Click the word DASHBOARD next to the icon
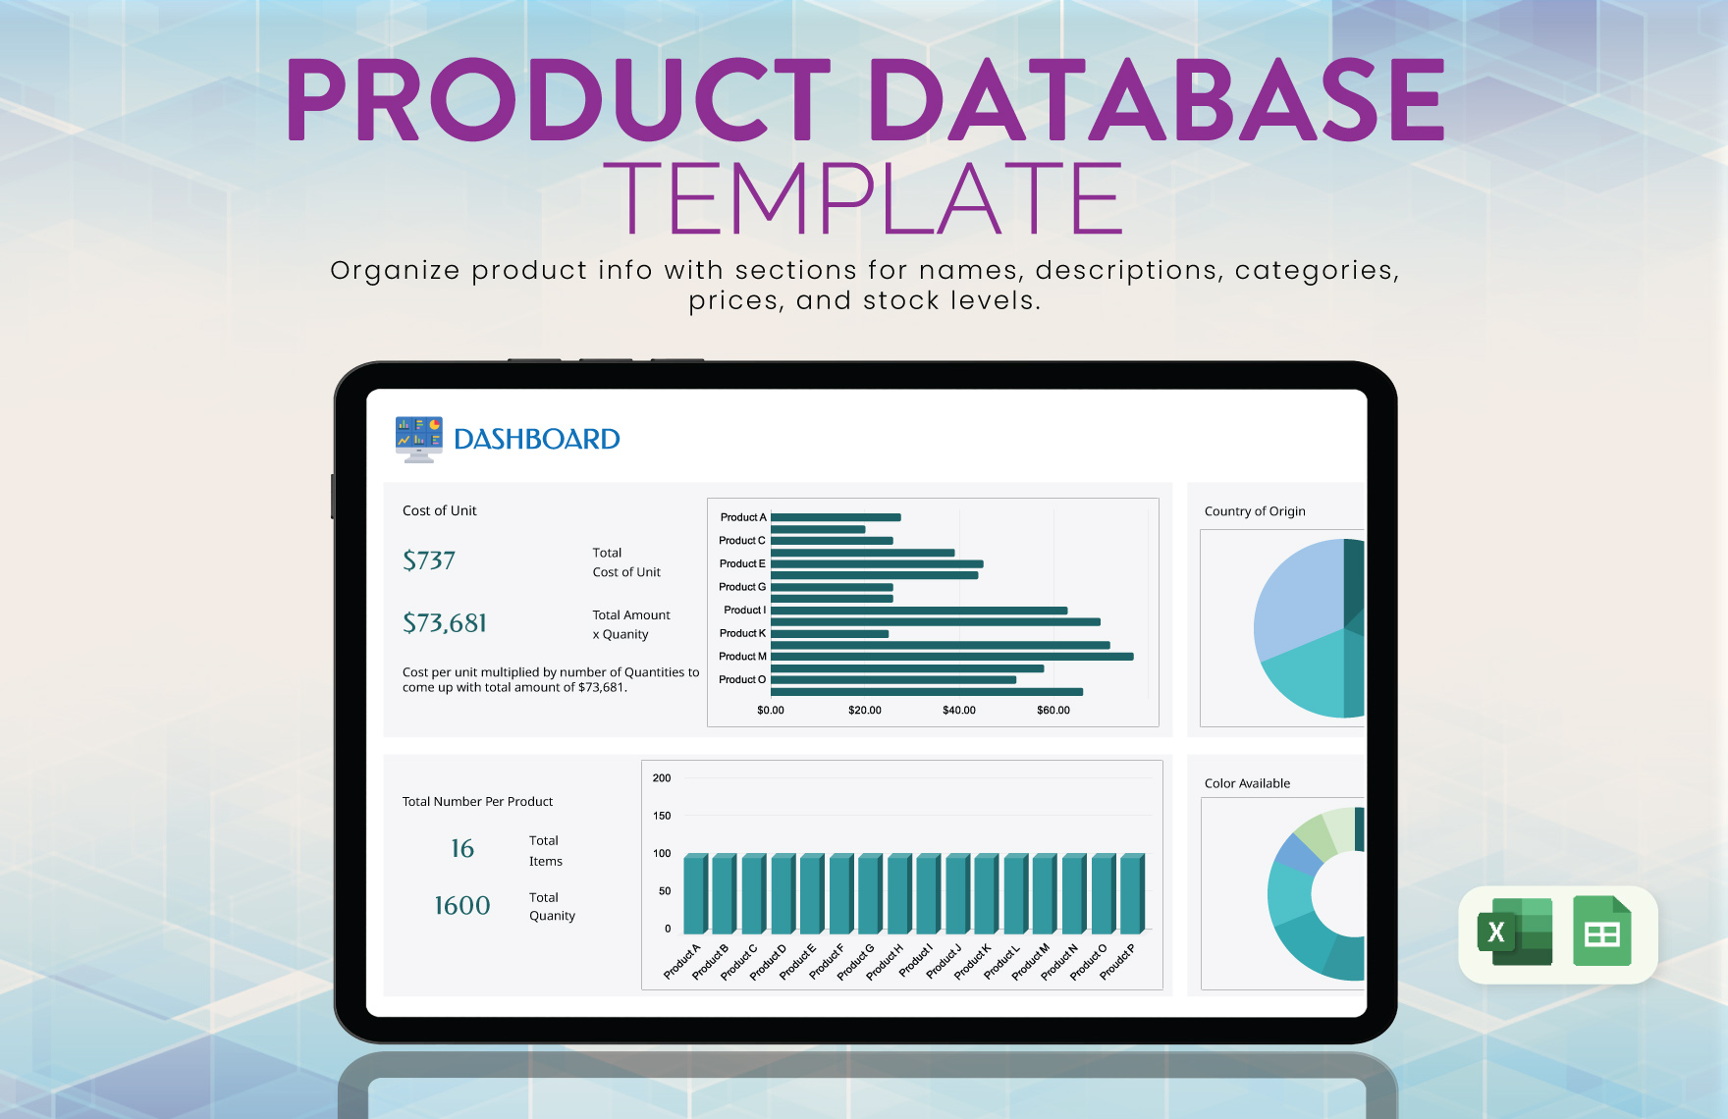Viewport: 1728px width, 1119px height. click(536, 439)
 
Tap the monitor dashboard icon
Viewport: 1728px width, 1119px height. click(419, 439)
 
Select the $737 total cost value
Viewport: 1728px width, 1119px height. click(429, 560)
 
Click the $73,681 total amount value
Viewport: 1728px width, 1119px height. click(445, 623)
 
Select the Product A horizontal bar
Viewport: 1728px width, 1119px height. click(836, 517)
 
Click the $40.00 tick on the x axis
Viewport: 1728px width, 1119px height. click(959, 710)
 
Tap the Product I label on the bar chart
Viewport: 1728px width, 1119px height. click(744, 610)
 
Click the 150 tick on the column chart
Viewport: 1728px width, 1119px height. click(662, 816)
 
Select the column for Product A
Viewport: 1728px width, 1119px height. click(695, 893)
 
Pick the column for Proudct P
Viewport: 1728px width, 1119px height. click(1131, 893)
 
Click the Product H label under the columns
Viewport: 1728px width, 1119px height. click(885, 962)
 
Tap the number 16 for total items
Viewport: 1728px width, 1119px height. click(462, 849)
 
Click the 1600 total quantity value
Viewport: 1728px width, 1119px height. click(462, 905)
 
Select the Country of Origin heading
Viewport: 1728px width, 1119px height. click(1255, 511)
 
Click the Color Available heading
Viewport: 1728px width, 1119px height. click(1247, 783)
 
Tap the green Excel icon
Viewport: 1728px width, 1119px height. click(1514, 932)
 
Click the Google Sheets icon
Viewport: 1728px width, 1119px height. click(1601, 932)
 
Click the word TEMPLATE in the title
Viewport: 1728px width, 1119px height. click(863, 199)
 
